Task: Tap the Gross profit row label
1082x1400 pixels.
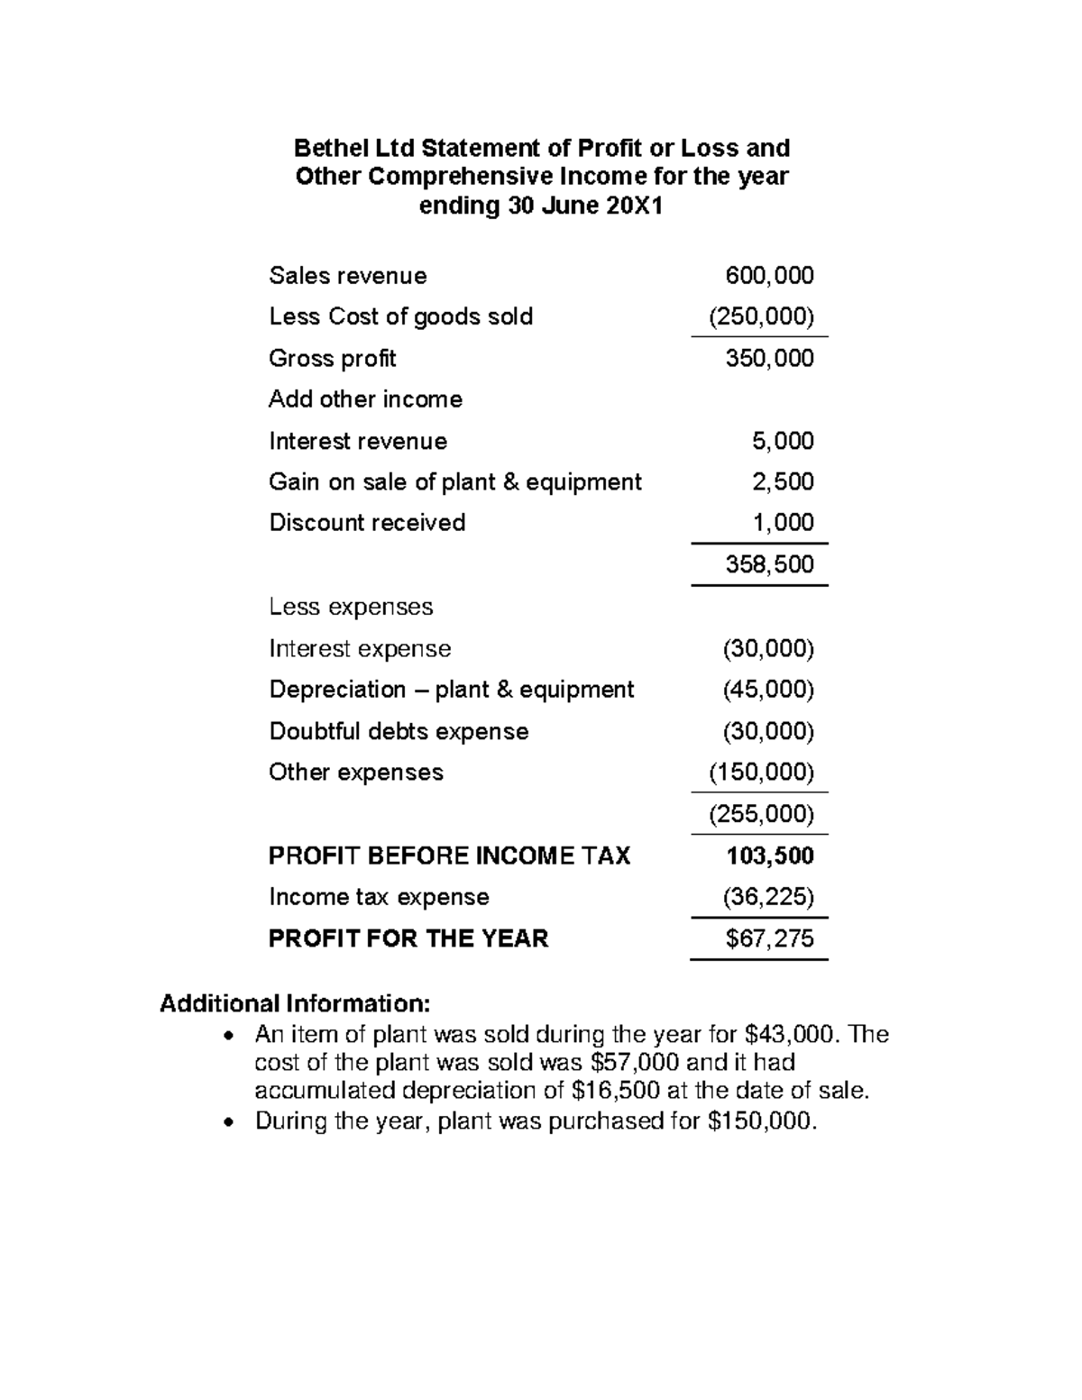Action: coord(332,359)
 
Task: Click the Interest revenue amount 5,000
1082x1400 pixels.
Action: coord(783,441)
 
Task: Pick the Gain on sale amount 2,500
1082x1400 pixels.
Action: coord(783,482)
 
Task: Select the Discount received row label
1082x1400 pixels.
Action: coord(367,523)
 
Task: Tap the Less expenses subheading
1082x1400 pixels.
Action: coord(351,607)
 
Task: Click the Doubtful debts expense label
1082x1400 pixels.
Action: coord(399,731)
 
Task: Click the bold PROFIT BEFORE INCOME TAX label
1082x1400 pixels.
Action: coord(449,856)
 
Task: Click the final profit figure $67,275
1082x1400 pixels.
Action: coord(769,939)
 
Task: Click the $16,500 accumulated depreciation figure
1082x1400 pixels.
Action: coord(614,1091)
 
